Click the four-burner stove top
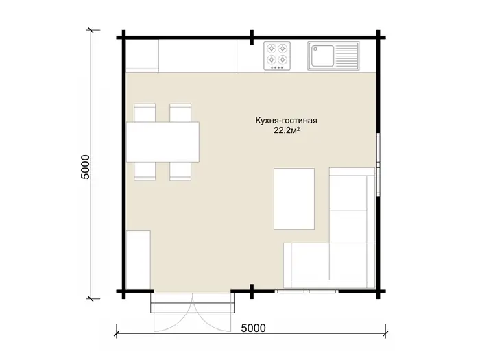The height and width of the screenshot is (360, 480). (277, 56)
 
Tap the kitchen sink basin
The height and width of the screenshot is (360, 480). (322, 56)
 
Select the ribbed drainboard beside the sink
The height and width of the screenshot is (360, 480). (347, 56)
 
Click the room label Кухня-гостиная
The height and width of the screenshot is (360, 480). (286, 121)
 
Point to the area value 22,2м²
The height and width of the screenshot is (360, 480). (286, 131)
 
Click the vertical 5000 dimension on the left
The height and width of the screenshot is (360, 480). (85, 167)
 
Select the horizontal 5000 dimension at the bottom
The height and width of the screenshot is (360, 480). (254, 328)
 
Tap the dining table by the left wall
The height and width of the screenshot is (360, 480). (163, 142)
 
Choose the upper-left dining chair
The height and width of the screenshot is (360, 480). (145, 112)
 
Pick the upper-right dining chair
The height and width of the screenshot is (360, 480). (180, 112)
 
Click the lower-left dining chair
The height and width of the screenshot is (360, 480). (145, 171)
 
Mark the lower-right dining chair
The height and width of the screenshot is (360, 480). (180, 171)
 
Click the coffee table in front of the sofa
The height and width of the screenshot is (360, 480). (294, 199)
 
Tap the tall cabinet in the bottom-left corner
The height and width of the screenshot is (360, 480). (139, 260)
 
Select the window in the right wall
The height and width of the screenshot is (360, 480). (379, 165)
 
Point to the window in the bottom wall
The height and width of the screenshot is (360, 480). (307, 291)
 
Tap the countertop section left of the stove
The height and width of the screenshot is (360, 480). (197, 56)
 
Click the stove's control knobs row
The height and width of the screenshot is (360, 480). (277, 67)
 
